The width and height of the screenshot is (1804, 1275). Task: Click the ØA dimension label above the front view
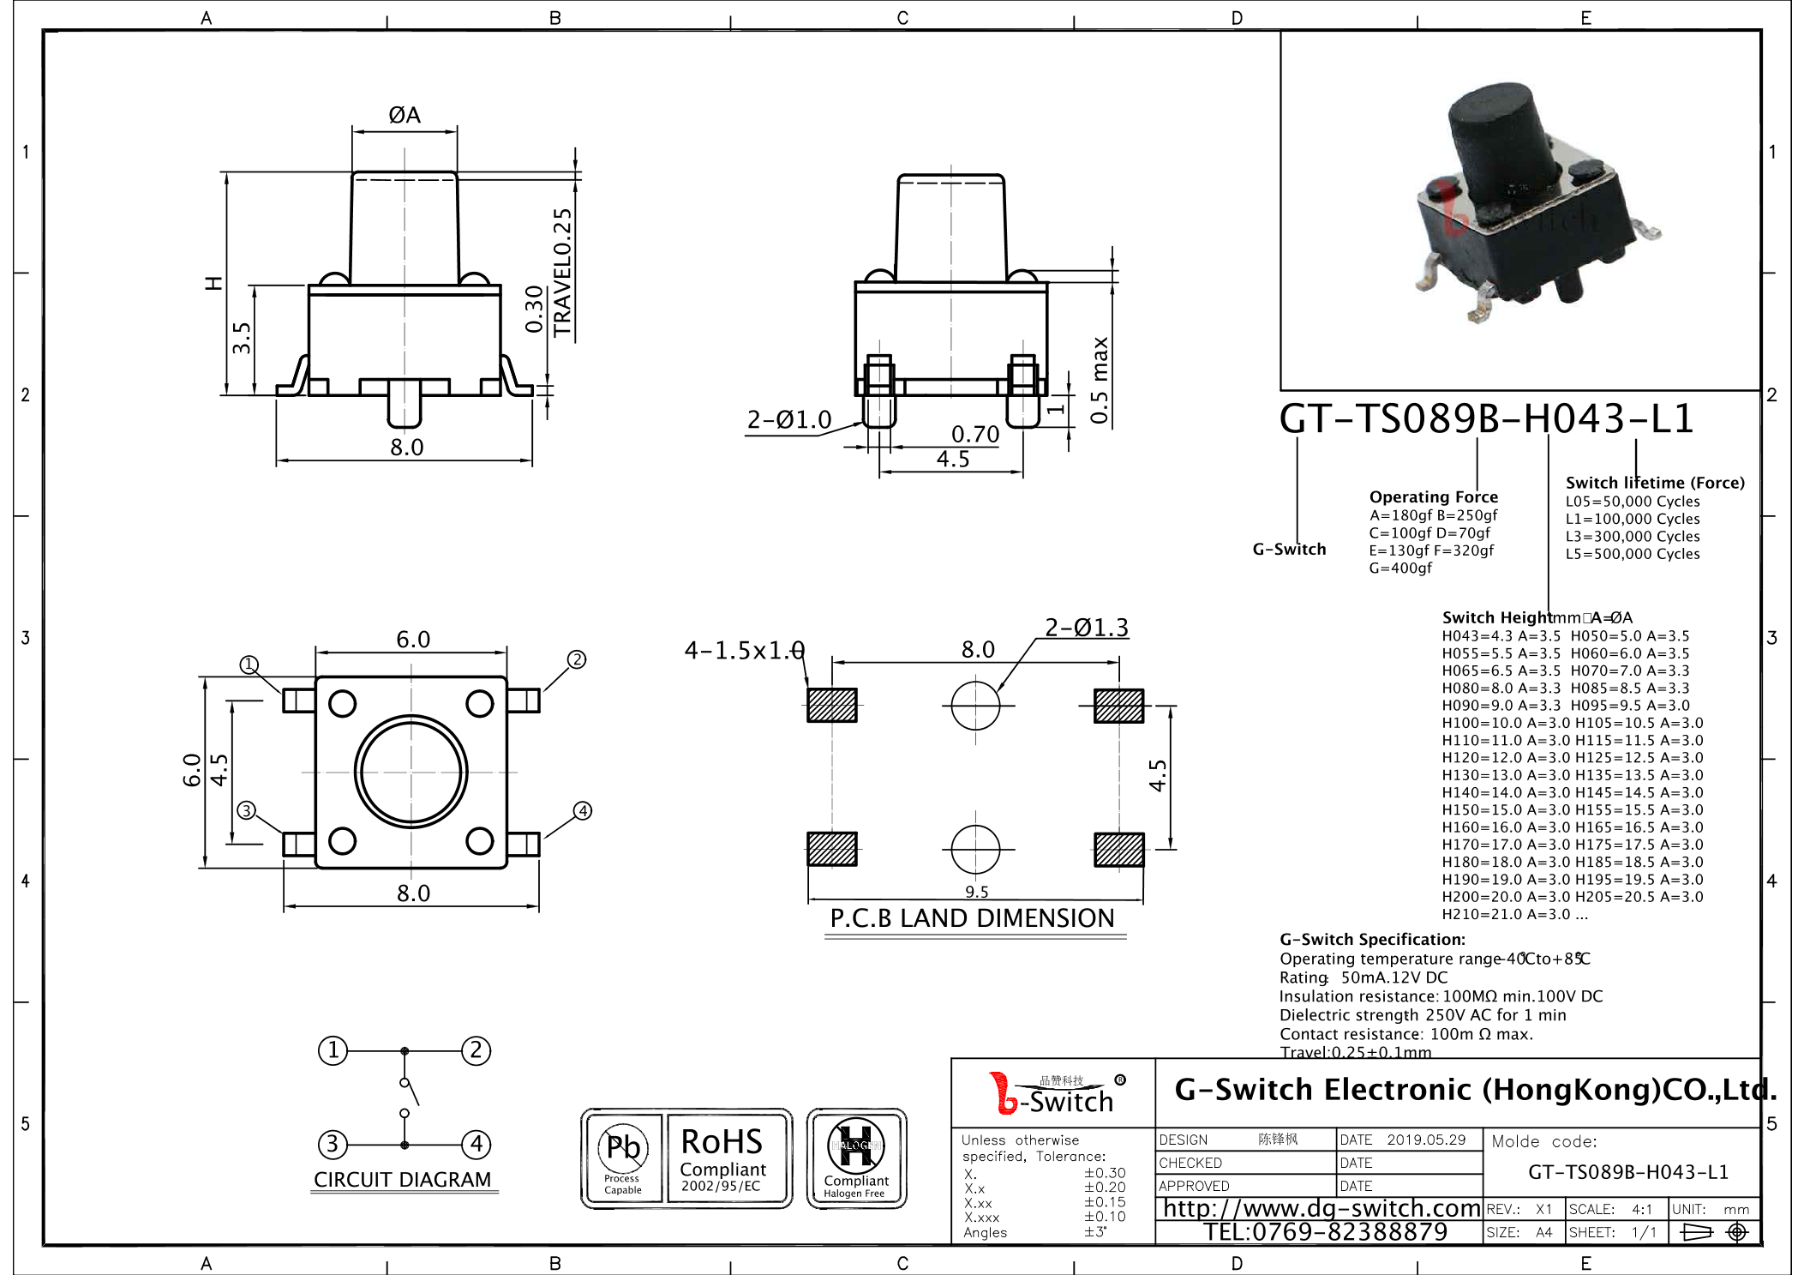[404, 115]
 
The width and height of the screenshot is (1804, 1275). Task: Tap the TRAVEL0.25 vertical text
[562, 273]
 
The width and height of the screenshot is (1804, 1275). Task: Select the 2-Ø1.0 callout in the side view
[788, 420]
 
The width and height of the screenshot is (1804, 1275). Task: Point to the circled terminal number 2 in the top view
[577, 659]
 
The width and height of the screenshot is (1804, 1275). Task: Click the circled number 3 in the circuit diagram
[333, 1144]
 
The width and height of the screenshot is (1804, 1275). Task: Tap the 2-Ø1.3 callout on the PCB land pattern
[1086, 628]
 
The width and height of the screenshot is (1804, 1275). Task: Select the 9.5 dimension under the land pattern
[976, 892]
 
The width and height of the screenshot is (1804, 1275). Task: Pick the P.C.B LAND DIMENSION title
[972, 918]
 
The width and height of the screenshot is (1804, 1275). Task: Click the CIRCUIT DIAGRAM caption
[402, 1180]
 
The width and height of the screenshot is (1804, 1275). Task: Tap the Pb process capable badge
[623, 1158]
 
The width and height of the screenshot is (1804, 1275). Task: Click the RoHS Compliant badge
[722, 1158]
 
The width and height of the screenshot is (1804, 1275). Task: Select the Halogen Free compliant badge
[856, 1158]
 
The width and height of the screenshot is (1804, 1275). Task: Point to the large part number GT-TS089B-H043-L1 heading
[1485, 419]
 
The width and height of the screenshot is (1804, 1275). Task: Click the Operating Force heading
[1433, 497]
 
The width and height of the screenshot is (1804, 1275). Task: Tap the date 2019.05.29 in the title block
[1426, 1140]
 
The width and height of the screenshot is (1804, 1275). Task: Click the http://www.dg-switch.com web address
[1321, 1208]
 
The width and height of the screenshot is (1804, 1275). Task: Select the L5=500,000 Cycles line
[1632, 554]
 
